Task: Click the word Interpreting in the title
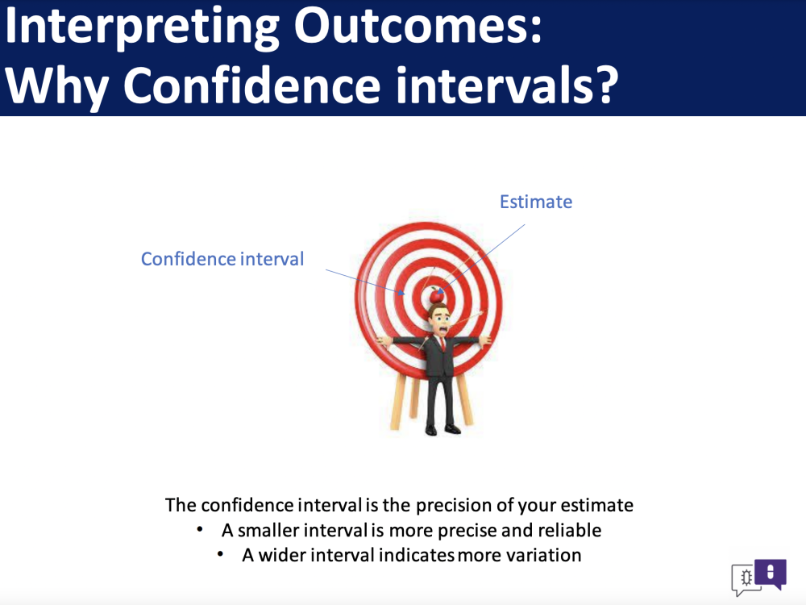click(142, 28)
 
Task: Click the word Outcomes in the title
click(418, 25)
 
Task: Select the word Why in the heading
click(56, 86)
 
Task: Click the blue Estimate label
click(536, 202)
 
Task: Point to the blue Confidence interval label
click(222, 259)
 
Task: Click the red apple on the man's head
click(436, 295)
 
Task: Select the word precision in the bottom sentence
click(454, 506)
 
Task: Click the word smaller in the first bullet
click(268, 530)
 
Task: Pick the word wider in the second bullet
click(282, 555)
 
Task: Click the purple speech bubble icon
click(771, 574)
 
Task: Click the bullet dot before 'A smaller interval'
click(200, 529)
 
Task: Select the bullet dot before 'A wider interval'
click(221, 554)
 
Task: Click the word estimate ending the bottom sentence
click(596, 505)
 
